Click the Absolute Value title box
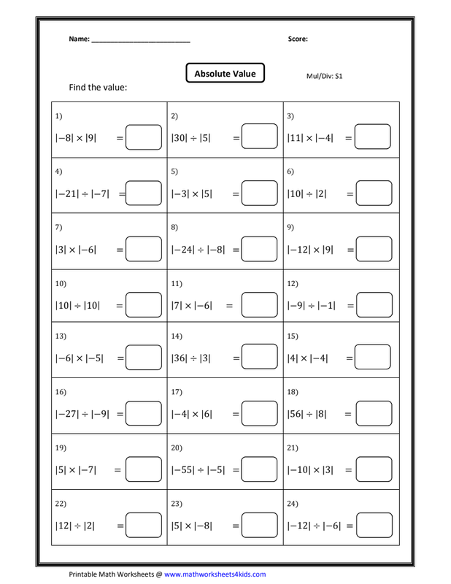225,74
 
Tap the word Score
298,39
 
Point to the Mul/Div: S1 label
325,75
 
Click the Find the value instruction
98,88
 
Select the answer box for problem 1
143,137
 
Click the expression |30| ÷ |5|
190,137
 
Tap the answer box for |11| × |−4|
374,137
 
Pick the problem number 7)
59,226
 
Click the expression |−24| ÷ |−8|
198,249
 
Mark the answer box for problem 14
259,358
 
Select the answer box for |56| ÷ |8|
374,415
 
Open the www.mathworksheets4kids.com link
215,575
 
